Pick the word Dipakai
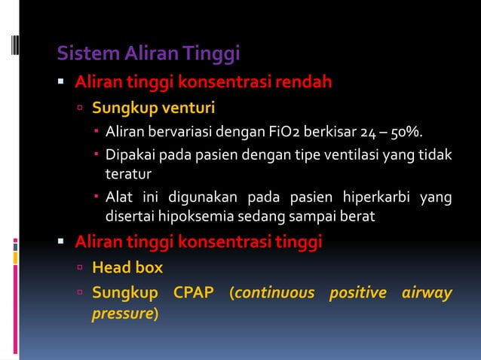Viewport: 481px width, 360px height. pyautogui.click(x=130, y=155)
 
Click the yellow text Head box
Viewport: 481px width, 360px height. pyautogui.click(x=127, y=267)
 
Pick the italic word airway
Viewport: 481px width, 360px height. pyautogui.click(x=427, y=292)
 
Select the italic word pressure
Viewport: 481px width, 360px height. pyautogui.click(x=122, y=313)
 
